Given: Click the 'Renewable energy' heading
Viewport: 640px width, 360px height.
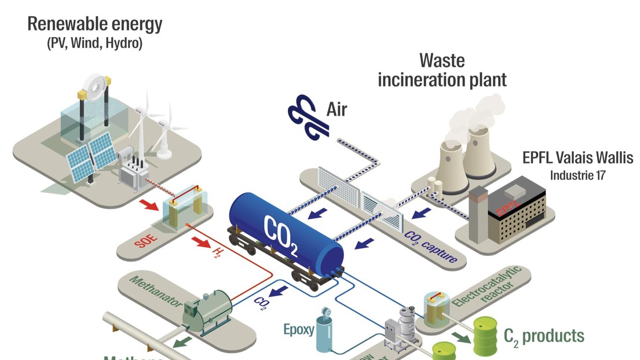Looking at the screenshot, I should point(95,25).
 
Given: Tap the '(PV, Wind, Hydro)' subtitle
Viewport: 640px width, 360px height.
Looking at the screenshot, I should point(94,44).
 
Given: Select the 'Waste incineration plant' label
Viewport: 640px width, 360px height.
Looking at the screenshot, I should point(442,70).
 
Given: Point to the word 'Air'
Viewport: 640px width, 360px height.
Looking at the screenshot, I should point(337,109).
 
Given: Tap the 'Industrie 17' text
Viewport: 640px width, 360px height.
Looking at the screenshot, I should point(577,175).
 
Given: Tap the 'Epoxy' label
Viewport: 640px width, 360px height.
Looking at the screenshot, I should point(298,330).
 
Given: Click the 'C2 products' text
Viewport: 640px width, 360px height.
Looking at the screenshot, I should point(544,336).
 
